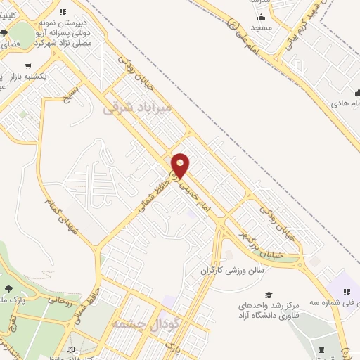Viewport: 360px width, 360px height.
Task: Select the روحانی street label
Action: click(59, 302)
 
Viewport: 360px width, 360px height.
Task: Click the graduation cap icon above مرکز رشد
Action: click(267, 294)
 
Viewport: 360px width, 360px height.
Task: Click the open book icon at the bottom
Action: click(69, 349)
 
